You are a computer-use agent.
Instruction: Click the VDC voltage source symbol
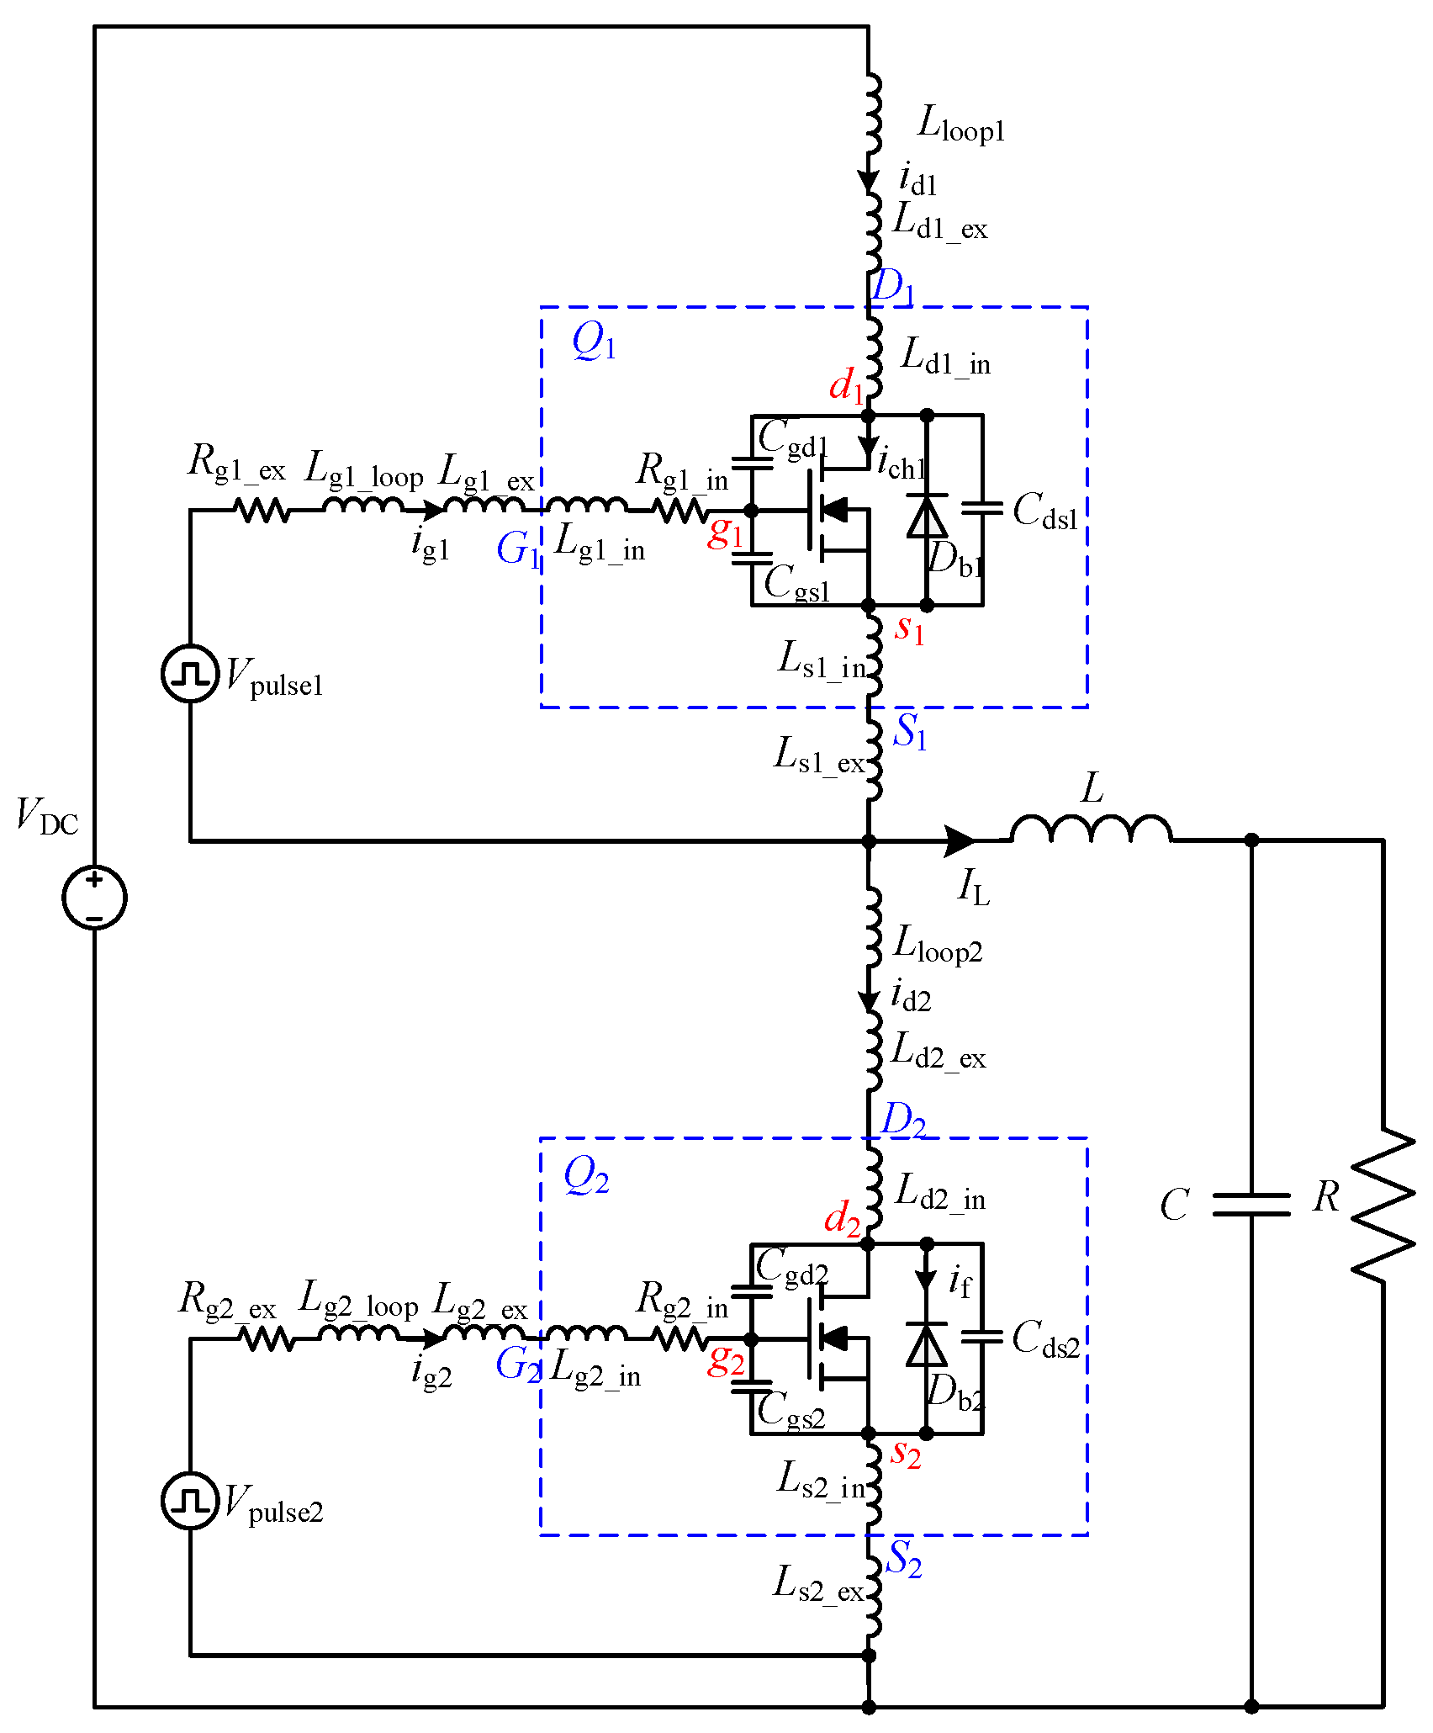[94, 897]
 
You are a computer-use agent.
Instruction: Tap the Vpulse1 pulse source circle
[190, 673]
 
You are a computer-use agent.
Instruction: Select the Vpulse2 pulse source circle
[190, 1501]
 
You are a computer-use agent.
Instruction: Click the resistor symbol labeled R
[1383, 1205]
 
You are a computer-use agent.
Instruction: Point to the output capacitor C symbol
[1251, 1205]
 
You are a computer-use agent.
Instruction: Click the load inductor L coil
[1091, 829]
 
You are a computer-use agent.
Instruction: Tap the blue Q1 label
[594, 342]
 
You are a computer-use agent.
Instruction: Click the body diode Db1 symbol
[927, 515]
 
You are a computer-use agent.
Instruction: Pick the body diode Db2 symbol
[927, 1343]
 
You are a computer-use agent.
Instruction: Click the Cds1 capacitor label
[1045, 511]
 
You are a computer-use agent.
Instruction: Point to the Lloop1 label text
[961, 124]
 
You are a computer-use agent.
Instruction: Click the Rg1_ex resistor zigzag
[262, 510]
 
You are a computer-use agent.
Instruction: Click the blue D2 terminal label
[902, 1121]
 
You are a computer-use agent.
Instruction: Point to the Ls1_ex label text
[818, 755]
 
